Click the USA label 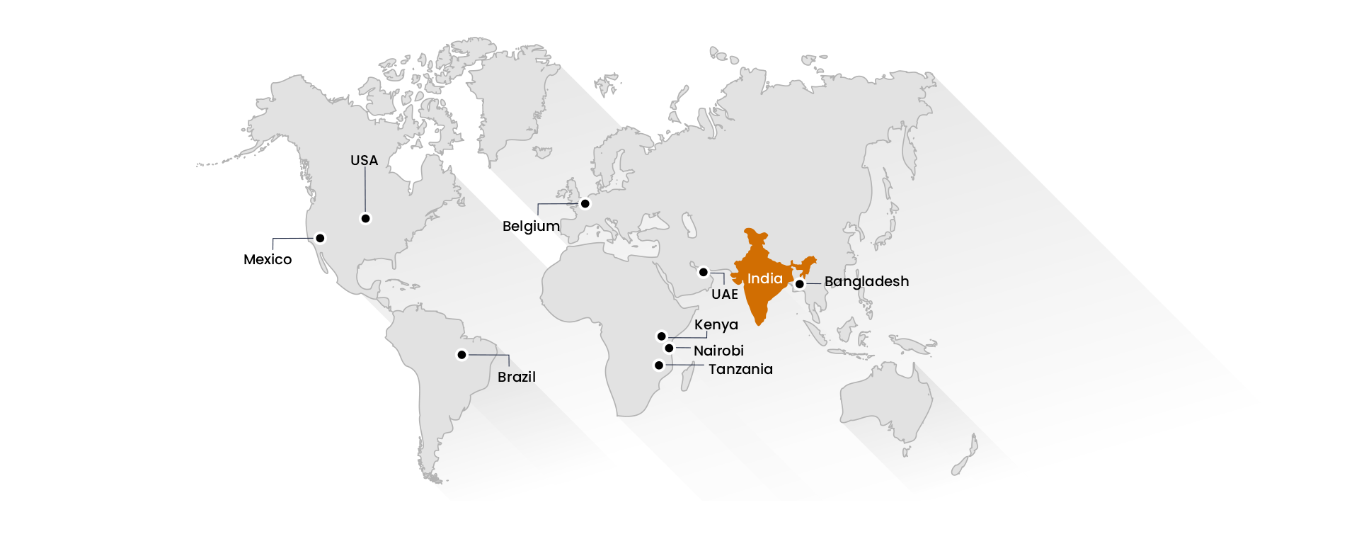point(364,161)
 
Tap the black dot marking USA point(365,218)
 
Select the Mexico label point(268,260)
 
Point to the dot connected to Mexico point(320,238)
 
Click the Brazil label point(517,378)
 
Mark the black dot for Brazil point(461,355)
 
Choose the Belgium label point(531,227)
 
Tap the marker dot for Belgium point(585,204)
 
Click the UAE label point(725,295)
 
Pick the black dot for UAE point(703,272)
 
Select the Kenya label point(716,325)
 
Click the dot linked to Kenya point(661,336)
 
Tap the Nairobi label point(718,351)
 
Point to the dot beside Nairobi point(669,348)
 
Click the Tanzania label point(740,370)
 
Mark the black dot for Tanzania point(659,365)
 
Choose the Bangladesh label point(866,282)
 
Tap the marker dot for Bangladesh point(799,284)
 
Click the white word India point(765,279)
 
